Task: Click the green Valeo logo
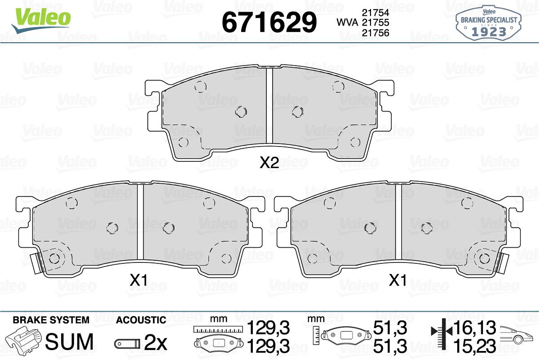[41, 20]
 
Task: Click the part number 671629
[269, 22]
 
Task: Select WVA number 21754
[376, 13]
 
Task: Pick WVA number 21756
[376, 33]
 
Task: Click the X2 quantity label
[269, 163]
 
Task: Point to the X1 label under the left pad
[138, 280]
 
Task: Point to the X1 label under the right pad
[398, 280]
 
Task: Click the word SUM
[69, 342]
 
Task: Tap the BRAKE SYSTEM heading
[51, 320]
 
